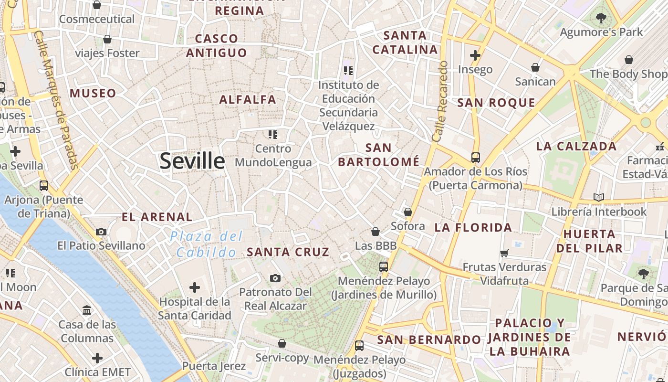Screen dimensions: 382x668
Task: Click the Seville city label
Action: [x=192, y=161]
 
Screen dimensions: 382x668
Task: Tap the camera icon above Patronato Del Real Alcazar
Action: [x=275, y=278]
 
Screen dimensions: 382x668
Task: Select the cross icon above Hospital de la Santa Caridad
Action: [x=194, y=287]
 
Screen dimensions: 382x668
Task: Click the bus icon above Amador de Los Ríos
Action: [x=475, y=157]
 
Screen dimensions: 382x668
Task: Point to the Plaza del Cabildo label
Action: [x=207, y=244]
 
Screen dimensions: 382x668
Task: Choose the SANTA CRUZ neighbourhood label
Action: [x=288, y=252]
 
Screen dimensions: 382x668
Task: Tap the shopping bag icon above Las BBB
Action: [x=376, y=232]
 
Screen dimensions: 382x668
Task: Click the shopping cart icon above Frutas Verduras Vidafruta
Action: [x=504, y=253]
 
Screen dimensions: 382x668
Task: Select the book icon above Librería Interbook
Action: [x=598, y=197]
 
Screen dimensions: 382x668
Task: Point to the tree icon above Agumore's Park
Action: [x=601, y=19]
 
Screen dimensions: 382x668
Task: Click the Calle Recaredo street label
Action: [x=439, y=101]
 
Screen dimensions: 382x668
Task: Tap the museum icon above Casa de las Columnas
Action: [x=87, y=310]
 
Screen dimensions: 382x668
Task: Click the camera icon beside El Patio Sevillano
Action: [x=101, y=232]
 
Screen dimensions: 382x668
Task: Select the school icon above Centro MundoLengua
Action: [x=273, y=135]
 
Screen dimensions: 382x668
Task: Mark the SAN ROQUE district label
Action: [x=496, y=103]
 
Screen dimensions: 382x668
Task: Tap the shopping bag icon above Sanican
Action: [x=535, y=67]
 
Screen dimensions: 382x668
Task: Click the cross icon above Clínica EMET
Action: [x=97, y=358]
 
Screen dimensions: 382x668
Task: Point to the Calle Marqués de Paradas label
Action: [x=56, y=100]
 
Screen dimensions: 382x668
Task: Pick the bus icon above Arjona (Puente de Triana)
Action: [x=44, y=185]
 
